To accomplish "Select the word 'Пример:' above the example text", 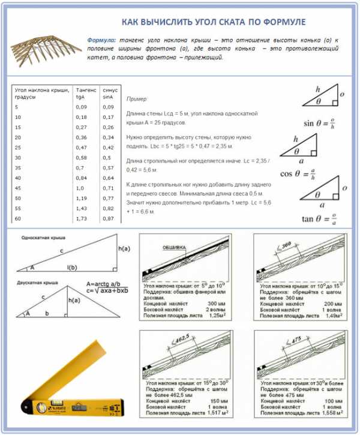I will pos(136,98).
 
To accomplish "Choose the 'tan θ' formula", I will pos(317,218).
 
